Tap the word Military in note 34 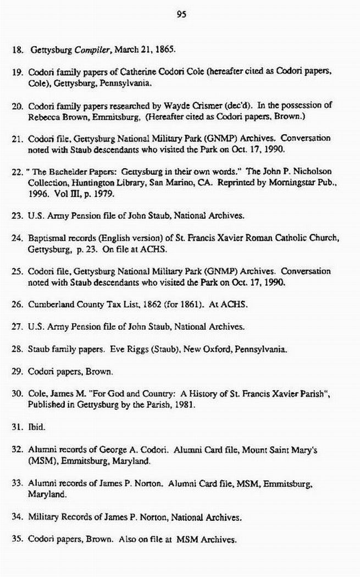click(x=43, y=517)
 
